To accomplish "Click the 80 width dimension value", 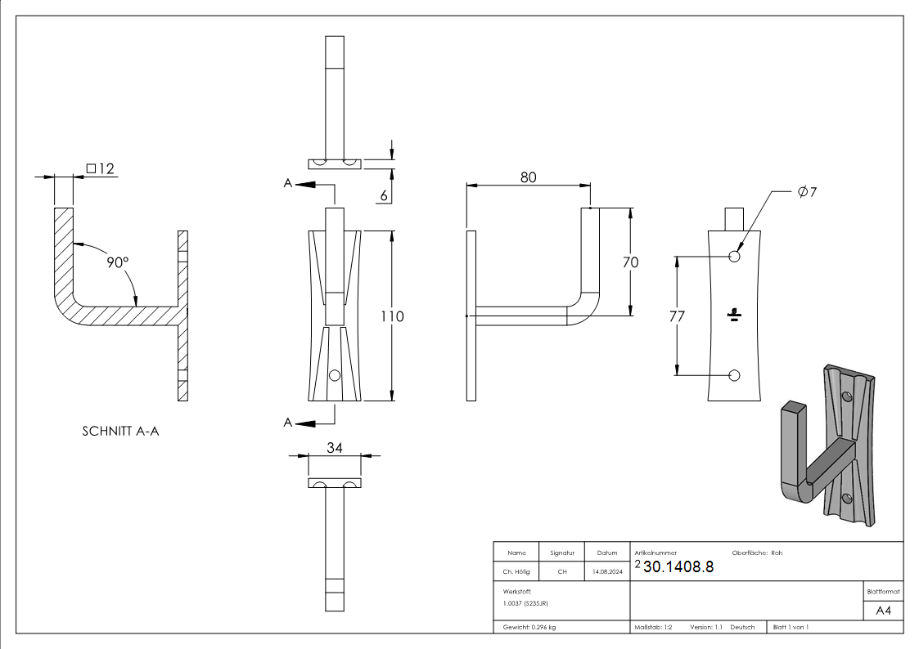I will tap(528, 177).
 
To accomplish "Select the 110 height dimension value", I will tap(393, 316).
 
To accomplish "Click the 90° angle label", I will tap(118, 262).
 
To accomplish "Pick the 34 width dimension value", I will tap(334, 447).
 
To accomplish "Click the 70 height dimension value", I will tap(630, 262).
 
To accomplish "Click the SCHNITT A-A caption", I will tap(120, 431).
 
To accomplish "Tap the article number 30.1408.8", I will tap(678, 567).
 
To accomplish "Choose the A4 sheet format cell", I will tap(883, 611).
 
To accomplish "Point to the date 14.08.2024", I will tap(607, 572).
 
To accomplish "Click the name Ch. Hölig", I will tap(516, 572).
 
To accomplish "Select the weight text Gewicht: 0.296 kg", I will tap(529, 627).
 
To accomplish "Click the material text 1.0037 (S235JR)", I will tap(525, 603).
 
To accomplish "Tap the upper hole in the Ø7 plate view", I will tap(734, 257).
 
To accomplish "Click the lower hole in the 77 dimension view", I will tap(734, 375).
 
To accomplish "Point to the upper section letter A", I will tap(288, 185).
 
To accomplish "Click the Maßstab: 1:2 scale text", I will tap(653, 627).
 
